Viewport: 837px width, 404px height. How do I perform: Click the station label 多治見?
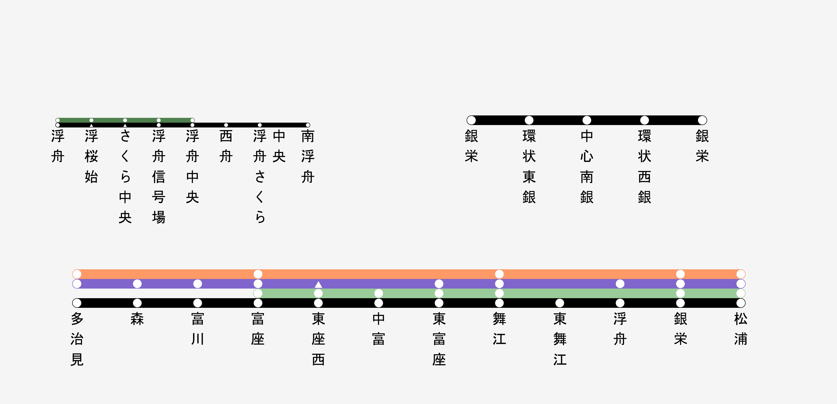click(x=77, y=339)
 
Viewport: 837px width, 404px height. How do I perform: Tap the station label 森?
click(x=137, y=319)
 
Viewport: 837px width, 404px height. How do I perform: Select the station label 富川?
click(x=197, y=329)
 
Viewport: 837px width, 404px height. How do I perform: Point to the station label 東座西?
click(x=318, y=339)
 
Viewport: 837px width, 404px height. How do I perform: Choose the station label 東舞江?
click(x=560, y=339)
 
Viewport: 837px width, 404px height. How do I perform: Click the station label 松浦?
click(x=741, y=329)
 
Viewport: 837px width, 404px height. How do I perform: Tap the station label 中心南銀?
click(x=587, y=167)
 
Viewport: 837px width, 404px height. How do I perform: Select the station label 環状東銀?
click(x=529, y=167)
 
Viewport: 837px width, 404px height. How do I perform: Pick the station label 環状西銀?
click(x=645, y=167)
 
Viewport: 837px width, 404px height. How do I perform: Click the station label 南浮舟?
click(x=308, y=157)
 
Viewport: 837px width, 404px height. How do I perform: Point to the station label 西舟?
click(x=226, y=146)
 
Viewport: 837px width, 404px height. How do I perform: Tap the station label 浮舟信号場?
click(x=159, y=177)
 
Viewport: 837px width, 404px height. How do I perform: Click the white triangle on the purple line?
click(x=318, y=284)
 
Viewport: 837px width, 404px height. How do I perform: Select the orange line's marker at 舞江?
click(x=499, y=274)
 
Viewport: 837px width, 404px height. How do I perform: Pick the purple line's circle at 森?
click(x=137, y=284)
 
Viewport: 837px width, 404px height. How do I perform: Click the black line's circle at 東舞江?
click(x=560, y=303)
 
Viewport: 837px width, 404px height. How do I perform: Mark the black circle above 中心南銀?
click(x=587, y=120)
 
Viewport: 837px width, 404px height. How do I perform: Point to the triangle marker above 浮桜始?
click(x=91, y=125)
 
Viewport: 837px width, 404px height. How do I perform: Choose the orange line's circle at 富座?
click(x=258, y=274)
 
